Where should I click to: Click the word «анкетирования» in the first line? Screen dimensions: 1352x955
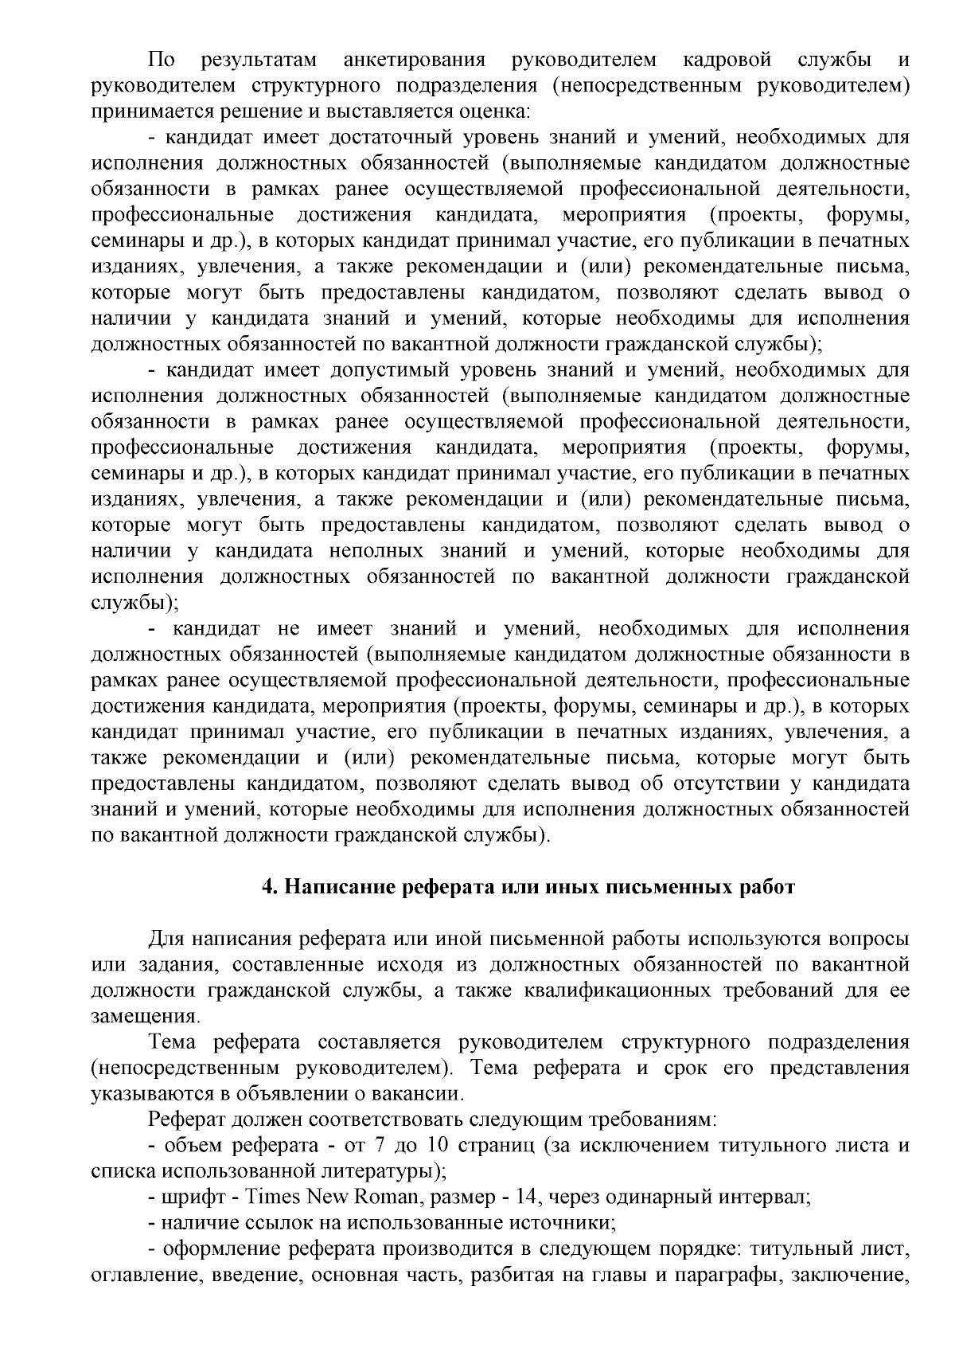[414, 59]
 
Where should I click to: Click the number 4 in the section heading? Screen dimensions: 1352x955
[269, 887]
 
